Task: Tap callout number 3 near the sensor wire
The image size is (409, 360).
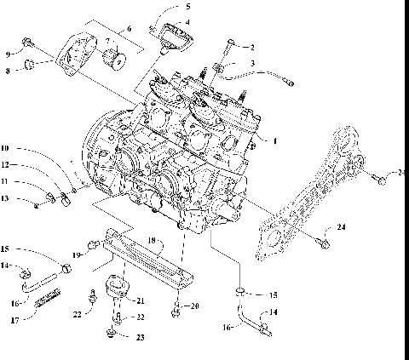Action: pyautogui.click(x=251, y=63)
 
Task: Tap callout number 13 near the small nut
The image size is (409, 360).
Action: pyautogui.click(x=6, y=198)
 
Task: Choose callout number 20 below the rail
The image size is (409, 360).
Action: pyautogui.click(x=194, y=306)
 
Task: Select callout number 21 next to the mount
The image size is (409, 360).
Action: pyautogui.click(x=141, y=301)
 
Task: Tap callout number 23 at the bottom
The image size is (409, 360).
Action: pyautogui.click(x=141, y=336)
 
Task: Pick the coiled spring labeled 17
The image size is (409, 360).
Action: pyautogui.click(x=47, y=302)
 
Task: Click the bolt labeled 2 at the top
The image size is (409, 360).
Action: pyautogui.click(x=231, y=43)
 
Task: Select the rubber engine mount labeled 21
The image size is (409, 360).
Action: pyautogui.click(x=116, y=289)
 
